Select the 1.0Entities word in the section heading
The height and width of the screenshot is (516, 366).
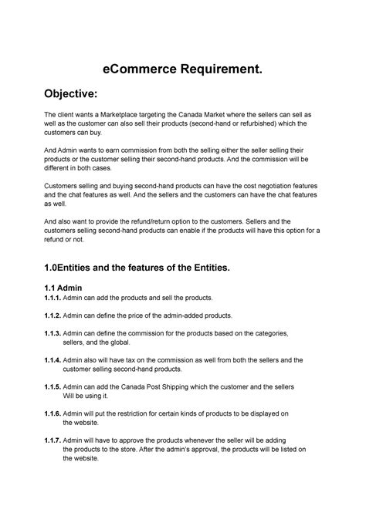tap(68, 268)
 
